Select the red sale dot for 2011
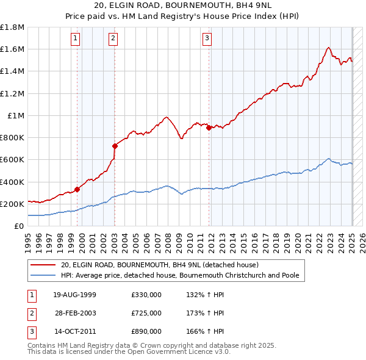(x=209, y=128)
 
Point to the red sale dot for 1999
(x=77, y=189)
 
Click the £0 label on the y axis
(x=19, y=226)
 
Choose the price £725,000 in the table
(x=146, y=313)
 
